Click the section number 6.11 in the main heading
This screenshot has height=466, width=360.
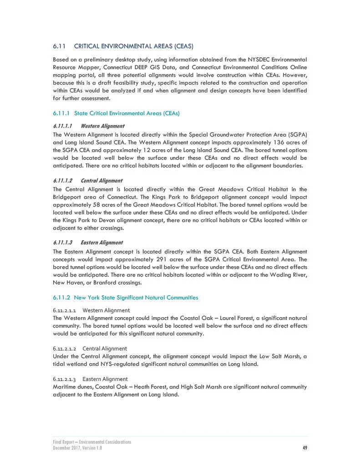click(60, 46)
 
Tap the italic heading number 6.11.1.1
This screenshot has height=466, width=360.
click(63, 126)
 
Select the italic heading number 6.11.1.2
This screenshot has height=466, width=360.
click(63, 181)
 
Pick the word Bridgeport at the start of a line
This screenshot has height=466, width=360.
click(68, 197)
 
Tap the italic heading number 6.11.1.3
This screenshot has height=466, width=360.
click(63, 243)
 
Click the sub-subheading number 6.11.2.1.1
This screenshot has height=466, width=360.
click(64, 310)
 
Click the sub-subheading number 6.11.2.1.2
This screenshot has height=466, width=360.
click(64, 349)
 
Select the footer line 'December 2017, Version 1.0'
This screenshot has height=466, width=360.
click(77, 448)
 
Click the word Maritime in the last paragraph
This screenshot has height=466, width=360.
click(65, 387)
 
